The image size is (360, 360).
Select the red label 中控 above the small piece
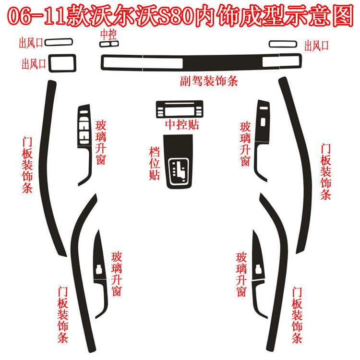pos(108,35)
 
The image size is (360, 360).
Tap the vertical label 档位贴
pos(155,163)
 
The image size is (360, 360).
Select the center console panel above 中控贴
pos(177,109)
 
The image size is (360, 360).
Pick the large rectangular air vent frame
pos(63,62)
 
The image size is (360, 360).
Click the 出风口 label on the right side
pos(317,46)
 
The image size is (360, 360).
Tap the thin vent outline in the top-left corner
pos(58,42)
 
